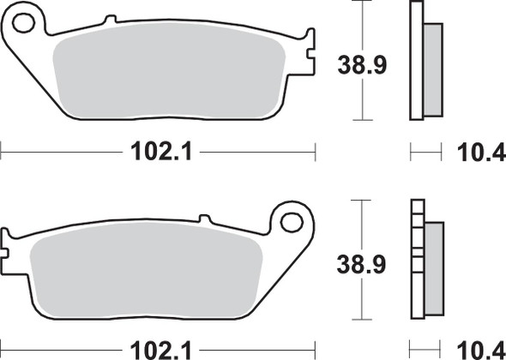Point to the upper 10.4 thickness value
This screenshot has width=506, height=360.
click(x=474, y=153)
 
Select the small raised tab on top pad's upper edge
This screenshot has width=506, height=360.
click(x=109, y=20)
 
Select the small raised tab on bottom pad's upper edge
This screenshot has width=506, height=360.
click(x=204, y=219)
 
